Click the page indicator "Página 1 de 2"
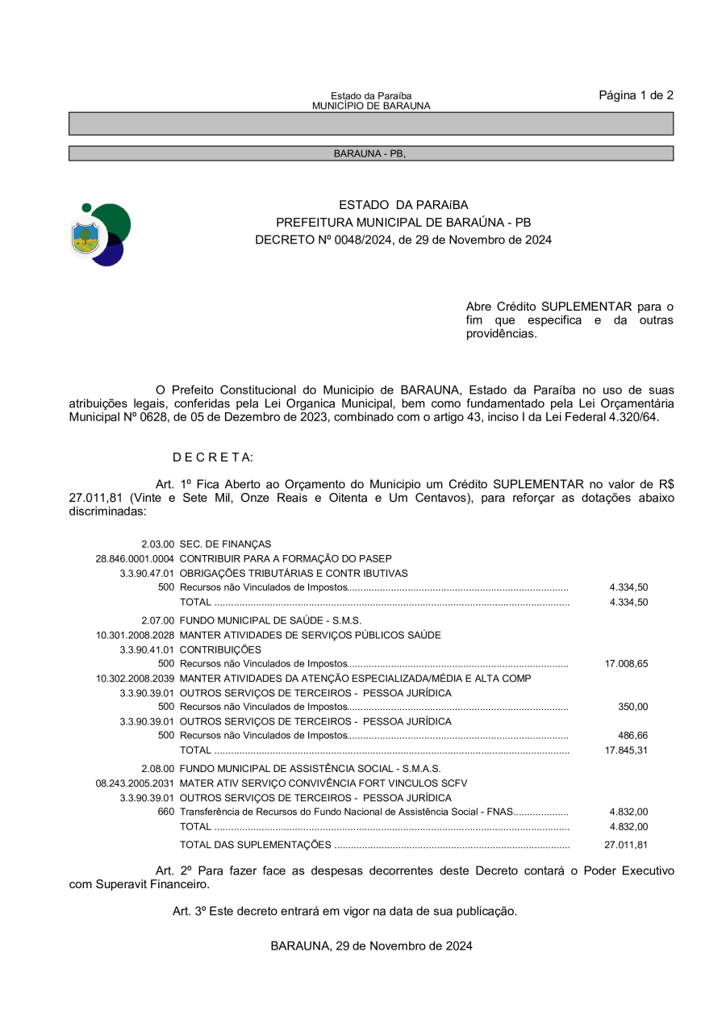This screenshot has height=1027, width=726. point(636,95)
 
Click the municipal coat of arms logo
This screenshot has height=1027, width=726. point(101,235)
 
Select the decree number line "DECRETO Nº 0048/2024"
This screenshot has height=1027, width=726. point(403,240)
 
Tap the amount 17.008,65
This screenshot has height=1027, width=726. point(626,664)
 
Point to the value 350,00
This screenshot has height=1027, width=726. point(632,707)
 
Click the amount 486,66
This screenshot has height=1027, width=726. point(632,736)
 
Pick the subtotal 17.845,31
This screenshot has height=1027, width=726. point(626,750)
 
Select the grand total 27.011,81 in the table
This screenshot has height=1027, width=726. point(626,845)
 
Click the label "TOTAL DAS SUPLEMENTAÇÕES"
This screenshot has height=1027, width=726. point(255,845)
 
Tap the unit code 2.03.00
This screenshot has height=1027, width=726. point(157,545)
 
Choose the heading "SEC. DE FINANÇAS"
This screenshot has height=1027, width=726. point(225,545)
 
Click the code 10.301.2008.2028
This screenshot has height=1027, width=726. point(135,635)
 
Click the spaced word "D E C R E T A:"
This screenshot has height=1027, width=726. point(213,457)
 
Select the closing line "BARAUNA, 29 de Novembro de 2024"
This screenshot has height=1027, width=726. point(371,946)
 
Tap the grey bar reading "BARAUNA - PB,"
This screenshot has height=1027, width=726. point(370,153)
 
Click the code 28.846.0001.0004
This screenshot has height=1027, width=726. point(135,559)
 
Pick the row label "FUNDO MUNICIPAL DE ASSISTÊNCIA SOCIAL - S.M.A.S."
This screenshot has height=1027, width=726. point(310,769)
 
